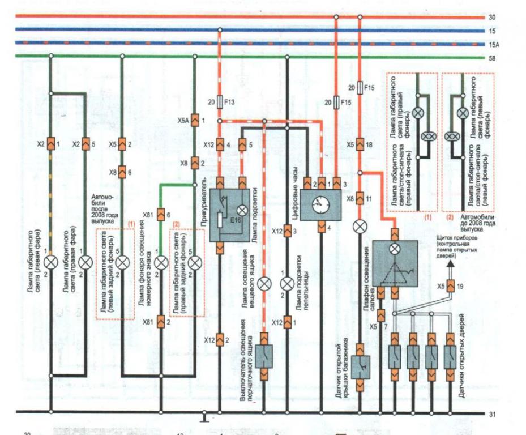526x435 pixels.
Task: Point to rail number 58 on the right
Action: (491, 58)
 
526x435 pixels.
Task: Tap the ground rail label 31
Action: (491, 414)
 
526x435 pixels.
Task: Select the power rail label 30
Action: (491, 18)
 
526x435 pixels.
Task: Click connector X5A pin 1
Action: (195, 121)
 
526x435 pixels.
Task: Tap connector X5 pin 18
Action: (360, 145)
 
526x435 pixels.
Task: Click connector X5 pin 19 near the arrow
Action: (451, 287)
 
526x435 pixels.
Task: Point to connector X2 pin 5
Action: (85, 145)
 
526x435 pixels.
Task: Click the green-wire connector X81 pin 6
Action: (160, 214)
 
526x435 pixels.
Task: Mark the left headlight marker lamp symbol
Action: (51, 262)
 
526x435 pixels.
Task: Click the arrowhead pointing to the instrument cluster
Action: (451, 263)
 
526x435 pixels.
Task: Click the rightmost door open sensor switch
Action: (451, 355)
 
